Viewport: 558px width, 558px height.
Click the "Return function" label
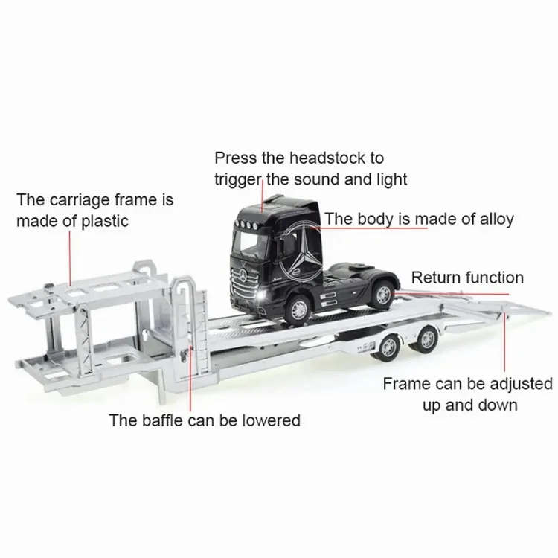point(467,278)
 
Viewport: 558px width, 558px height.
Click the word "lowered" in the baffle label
point(270,420)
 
